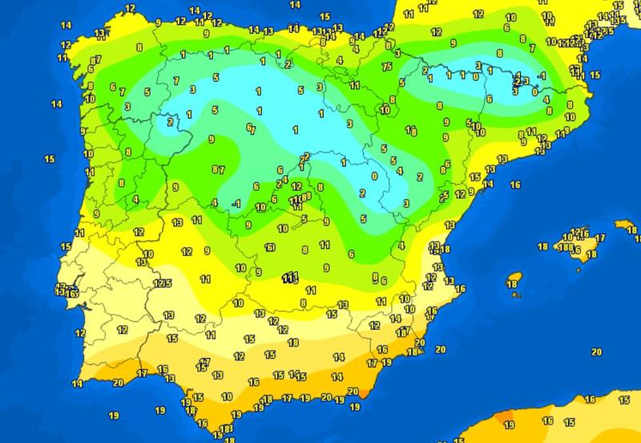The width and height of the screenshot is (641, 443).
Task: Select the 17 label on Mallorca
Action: tap(600, 238)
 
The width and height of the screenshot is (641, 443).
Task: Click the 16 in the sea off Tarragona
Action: tap(515, 185)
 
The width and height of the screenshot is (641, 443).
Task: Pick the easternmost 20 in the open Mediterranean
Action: tap(595, 352)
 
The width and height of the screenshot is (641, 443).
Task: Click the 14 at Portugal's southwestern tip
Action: tap(78, 384)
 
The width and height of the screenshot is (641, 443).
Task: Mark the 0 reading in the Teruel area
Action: tap(374, 176)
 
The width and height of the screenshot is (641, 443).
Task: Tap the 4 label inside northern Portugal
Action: tap(135, 199)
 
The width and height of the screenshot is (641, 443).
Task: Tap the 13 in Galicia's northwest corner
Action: tap(99, 34)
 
